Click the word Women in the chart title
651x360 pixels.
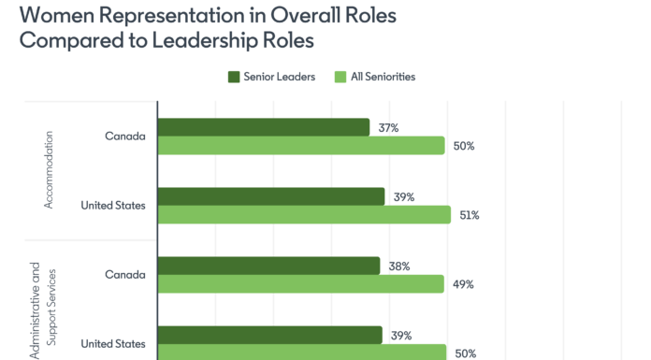coord(47,15)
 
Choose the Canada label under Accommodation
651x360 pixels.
coord(125,136)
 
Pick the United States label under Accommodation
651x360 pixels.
coord(113,205)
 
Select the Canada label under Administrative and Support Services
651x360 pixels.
coord(125,275)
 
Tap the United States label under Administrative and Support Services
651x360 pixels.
coord(113,343)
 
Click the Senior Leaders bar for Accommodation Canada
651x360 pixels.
coord(264,127)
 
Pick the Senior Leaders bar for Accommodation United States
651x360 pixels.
coord(271,196)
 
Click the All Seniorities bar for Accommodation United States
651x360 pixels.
coord(305,215)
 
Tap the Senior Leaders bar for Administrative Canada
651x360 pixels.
coord(269,266)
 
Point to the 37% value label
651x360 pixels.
coord(388,127)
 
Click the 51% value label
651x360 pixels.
coord(470,215)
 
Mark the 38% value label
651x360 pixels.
coord(399,266)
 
